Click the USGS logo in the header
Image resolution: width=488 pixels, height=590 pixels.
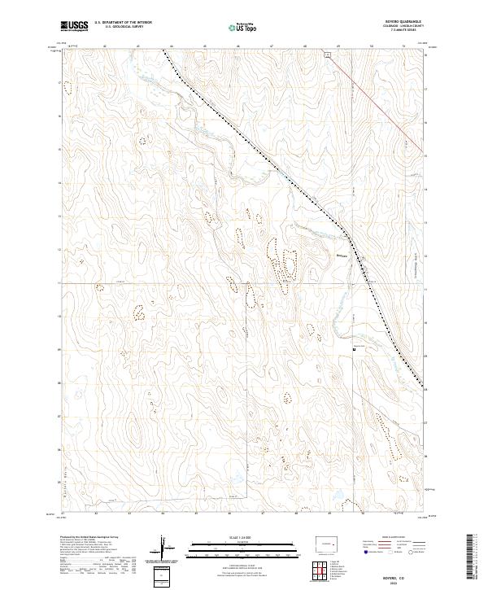(75, 26)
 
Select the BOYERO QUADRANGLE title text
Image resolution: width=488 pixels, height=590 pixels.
(409, 22)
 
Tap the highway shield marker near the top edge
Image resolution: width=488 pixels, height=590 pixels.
(325, 55)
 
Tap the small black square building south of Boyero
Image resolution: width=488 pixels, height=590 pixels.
(353, 350)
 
